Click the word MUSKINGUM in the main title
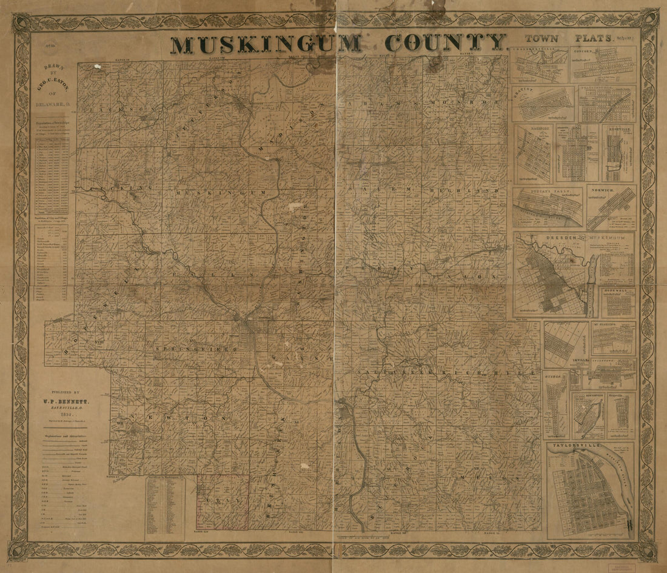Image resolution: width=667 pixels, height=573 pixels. coord(266,44)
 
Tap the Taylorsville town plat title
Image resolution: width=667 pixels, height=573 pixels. coord(575,446)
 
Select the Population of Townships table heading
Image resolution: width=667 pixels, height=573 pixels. coord(50,122)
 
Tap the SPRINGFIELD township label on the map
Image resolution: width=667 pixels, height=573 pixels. coord(190,350)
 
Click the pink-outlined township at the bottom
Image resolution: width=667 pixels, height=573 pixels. coord(223,501)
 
